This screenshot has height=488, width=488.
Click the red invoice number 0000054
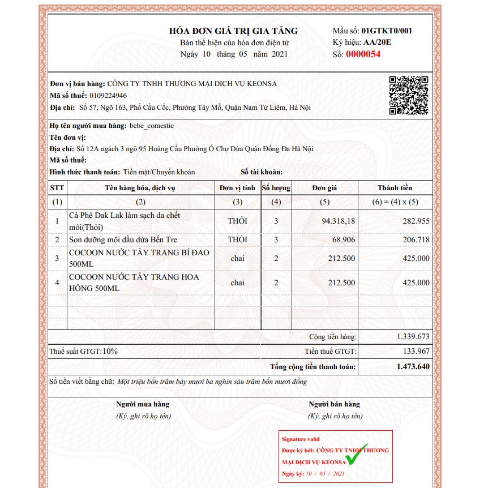point(363,54)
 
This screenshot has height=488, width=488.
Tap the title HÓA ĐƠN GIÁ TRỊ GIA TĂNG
point(233,31)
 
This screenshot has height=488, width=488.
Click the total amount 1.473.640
point(413,367)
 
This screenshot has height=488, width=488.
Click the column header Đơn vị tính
point(237,188)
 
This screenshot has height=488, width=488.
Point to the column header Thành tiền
point(395,188)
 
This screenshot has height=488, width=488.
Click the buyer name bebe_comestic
point(152,126)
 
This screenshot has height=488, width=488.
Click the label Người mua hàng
point(143,404)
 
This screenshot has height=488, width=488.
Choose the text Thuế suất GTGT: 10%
point(84,352)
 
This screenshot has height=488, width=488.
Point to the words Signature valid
point(301,439)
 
